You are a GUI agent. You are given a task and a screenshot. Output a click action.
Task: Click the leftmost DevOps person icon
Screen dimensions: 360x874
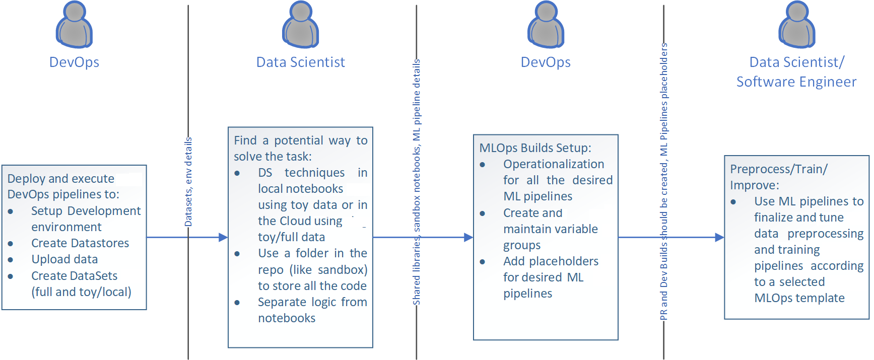point(74,25)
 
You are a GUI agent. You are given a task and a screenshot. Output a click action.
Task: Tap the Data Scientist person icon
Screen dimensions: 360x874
point(301,25)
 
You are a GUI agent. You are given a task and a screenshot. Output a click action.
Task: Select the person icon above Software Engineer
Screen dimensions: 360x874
point(796,25)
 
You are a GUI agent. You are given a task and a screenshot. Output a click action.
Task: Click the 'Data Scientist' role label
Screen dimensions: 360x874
point(301,62)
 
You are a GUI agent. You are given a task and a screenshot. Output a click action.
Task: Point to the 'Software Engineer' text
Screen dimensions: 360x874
point(796,82)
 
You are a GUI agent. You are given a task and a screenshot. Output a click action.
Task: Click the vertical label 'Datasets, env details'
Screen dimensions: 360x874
point(188,182)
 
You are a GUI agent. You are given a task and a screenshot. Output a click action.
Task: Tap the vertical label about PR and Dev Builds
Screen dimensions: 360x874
point(664,181)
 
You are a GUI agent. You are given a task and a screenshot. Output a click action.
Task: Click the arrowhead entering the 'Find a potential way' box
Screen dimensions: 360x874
point(223,237)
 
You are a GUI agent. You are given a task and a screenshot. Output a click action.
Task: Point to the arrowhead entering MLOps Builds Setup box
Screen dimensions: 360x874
point(468,237)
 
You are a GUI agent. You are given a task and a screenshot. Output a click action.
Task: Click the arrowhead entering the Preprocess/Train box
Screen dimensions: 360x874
point(719,237)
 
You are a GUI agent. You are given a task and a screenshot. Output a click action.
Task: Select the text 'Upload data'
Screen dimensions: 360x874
point(64,259)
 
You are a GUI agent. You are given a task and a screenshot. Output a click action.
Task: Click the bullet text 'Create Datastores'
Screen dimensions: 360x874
point(80,243)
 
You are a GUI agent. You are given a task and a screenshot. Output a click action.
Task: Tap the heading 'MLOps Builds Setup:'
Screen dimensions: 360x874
point(535,148)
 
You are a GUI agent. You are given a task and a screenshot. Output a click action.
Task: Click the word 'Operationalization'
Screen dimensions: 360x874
point(554,164)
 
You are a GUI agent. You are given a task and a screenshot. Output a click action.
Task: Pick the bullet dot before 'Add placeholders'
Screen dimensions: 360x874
point(483,262)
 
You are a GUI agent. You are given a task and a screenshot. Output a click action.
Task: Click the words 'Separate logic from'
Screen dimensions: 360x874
point(312,302)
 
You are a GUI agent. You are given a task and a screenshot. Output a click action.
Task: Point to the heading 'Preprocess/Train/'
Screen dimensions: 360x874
point(779,169)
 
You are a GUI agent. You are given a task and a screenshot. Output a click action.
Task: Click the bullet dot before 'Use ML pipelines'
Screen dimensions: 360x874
point(733,202)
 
